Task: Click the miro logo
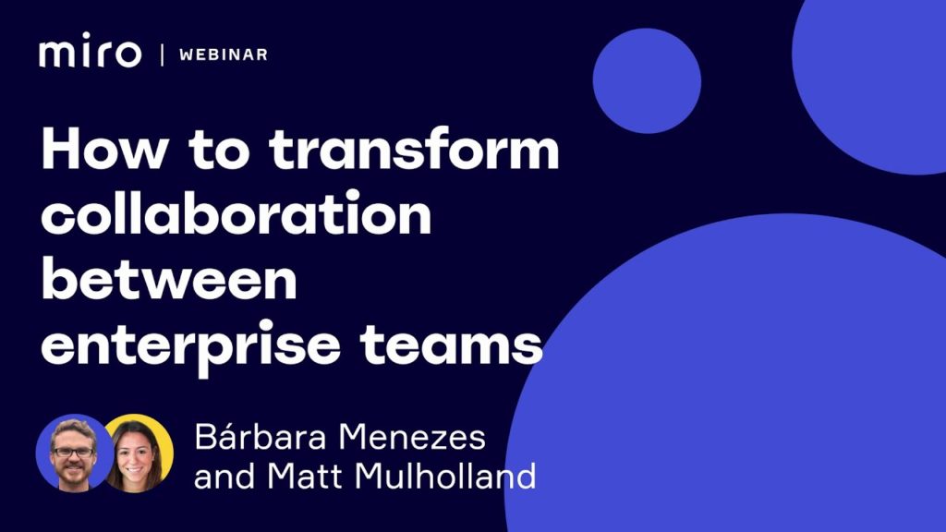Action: click(90, 51)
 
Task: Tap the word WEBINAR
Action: click(224, 54)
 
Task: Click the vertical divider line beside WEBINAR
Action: click(162, 54)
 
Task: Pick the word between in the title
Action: click(169, 278)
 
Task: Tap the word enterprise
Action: click(190, 348)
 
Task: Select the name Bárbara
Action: click(261, 436)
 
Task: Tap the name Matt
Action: click(307, 476)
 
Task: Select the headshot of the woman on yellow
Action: click(138, 453)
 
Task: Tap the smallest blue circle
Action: click(647, 81)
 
